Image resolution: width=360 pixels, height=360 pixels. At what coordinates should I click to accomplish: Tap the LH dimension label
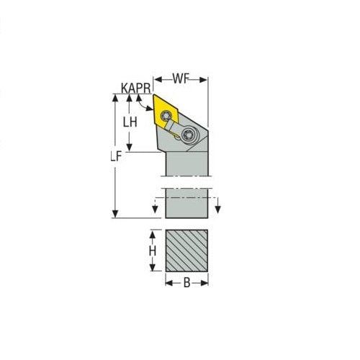coord(130,122)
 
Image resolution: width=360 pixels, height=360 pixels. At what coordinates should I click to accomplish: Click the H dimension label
coord(152,251)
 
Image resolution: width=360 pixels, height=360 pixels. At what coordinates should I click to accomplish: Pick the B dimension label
coord(187,284)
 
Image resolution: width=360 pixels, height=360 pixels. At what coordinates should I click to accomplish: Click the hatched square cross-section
coord(187,251)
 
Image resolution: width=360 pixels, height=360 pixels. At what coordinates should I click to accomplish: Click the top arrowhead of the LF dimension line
coord(114,99)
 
